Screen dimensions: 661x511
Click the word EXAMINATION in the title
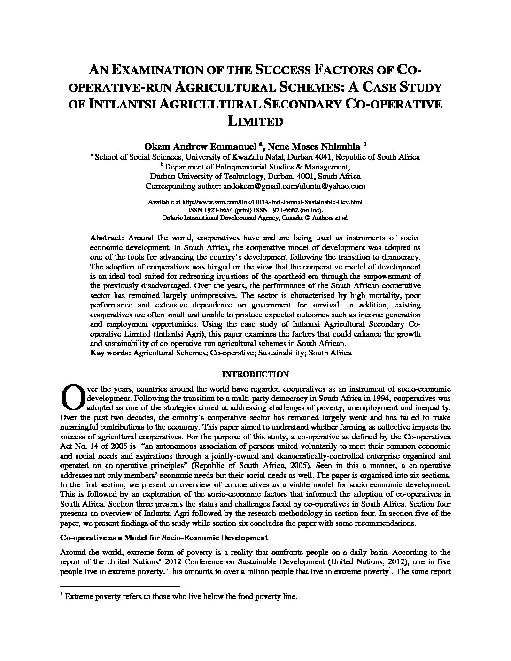tap(162, 71)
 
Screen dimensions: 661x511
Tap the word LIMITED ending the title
tap(255, 122)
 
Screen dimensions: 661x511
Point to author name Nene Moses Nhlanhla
tap(314, 146)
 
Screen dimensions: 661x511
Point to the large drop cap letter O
tap(70, 397)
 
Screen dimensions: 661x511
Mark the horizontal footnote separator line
tap(121, 586)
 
